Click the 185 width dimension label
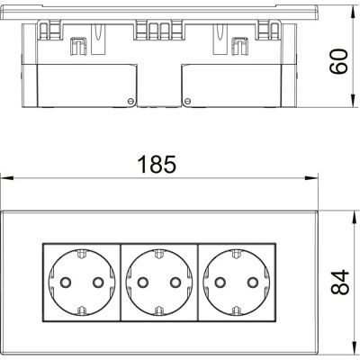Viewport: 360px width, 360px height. pyautogui.click(x=157, y=165)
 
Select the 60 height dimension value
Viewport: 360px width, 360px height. pyautogui.click(x=338, y=62)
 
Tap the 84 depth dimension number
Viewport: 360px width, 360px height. pyautogui.click(x=340, y=282)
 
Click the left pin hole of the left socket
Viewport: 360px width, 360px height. pyautogui.click(x=66, y=282)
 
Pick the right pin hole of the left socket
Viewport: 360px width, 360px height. pyautogui.click(x=98, y=282)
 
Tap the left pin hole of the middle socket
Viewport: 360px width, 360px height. pyautogui.click(x=142, y=282)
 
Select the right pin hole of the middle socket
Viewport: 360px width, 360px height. pyautogui.click(x=175, y=282)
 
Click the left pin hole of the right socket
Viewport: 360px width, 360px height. pyautogui.click(x=220, y=282)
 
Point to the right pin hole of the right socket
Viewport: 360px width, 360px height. pyautogui.click(x=253, y=282)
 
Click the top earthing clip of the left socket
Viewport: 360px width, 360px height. pyautogui.click(x=82, y=254)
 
